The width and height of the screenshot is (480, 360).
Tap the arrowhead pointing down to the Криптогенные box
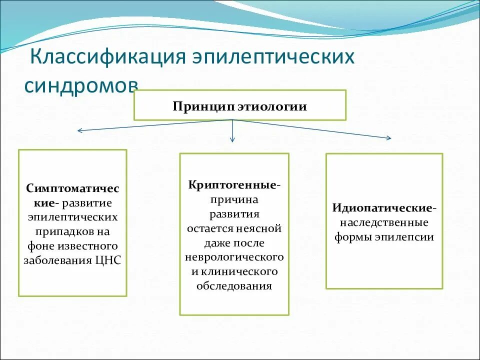(x=232, y=140)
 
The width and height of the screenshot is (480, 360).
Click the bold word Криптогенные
(x=232, y=185)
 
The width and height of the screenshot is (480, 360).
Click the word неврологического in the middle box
(x=234, y=257)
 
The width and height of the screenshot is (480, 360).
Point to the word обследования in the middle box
(x=234, y=286)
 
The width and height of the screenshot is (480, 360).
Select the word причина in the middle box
(x=234, y=199)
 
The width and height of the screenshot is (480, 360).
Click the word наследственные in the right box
(x=384, y=222)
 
